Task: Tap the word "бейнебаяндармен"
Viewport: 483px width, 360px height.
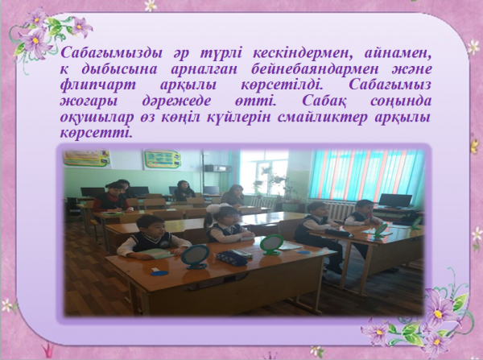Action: click(x=315, y=69)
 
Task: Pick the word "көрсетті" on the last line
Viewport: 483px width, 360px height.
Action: click(x=96, y=134)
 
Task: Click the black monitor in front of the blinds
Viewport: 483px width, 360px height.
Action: click(x=395, y=201)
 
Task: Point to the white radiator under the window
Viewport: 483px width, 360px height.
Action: click(x=340, y=210)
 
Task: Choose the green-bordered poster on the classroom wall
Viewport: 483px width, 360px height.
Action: click(x=163, y=159)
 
